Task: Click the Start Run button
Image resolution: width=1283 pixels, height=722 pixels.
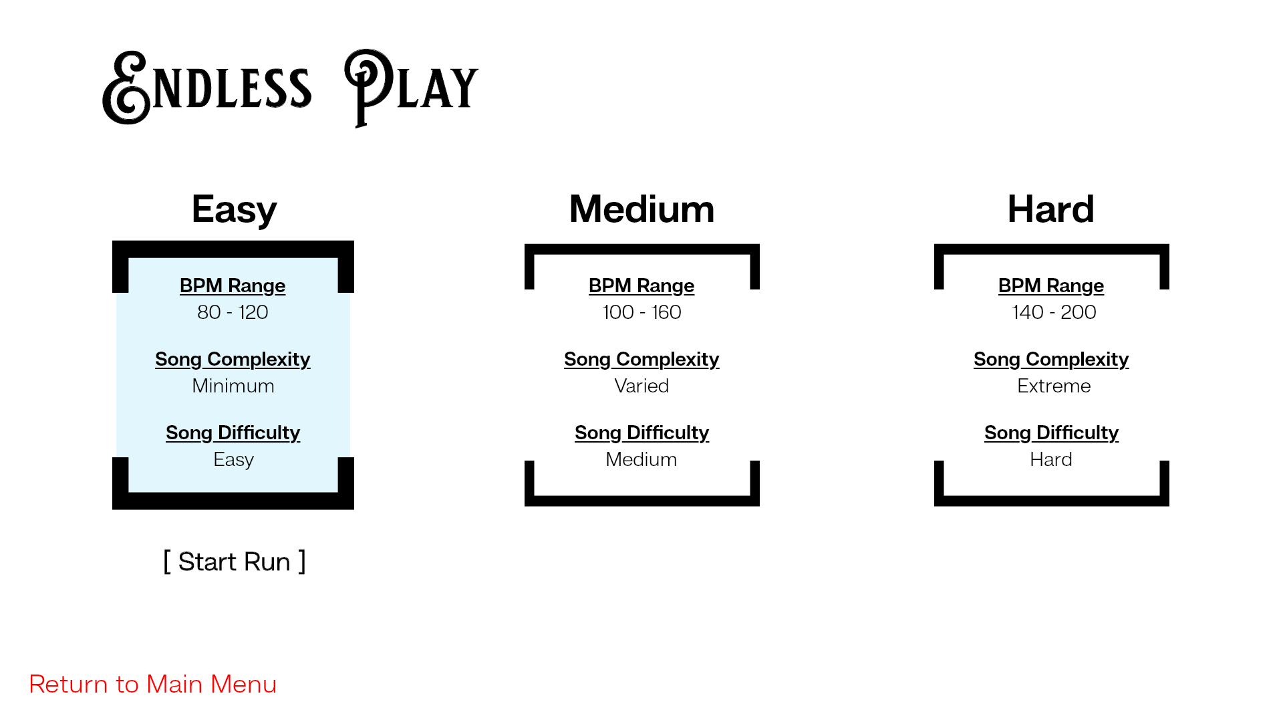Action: point(235,562)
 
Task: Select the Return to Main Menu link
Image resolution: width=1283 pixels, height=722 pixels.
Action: point(153,684)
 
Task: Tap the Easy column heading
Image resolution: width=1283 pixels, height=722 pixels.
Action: point(234,210)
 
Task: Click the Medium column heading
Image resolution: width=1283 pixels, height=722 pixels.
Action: point(641,209)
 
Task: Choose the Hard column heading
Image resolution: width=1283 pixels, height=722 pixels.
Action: point(1050,209)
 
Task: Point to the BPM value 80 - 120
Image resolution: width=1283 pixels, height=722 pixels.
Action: point(233,312)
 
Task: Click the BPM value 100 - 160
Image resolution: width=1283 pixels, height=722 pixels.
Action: point(641,312)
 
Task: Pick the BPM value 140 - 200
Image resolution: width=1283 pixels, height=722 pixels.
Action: point(1054,312)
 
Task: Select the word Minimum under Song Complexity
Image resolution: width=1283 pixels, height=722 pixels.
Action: point(233,386)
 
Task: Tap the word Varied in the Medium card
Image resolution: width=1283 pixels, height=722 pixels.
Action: point(641,386)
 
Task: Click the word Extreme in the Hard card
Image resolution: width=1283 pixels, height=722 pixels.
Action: point(1054,386)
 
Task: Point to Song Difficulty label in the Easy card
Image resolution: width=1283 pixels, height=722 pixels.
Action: point(233,433)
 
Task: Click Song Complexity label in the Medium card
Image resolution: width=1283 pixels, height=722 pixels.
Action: point(641,360)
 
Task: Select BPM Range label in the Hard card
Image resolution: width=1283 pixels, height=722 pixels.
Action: point(1051,286)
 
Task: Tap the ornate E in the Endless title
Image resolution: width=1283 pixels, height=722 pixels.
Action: point(127,88)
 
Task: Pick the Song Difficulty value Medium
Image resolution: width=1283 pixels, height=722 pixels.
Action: point(641,459)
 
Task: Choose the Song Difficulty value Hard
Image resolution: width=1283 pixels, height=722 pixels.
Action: point(1051,459)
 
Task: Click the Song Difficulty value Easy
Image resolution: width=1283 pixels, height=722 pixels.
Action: point(234,460)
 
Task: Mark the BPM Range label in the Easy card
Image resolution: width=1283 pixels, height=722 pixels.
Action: point(233,286)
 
